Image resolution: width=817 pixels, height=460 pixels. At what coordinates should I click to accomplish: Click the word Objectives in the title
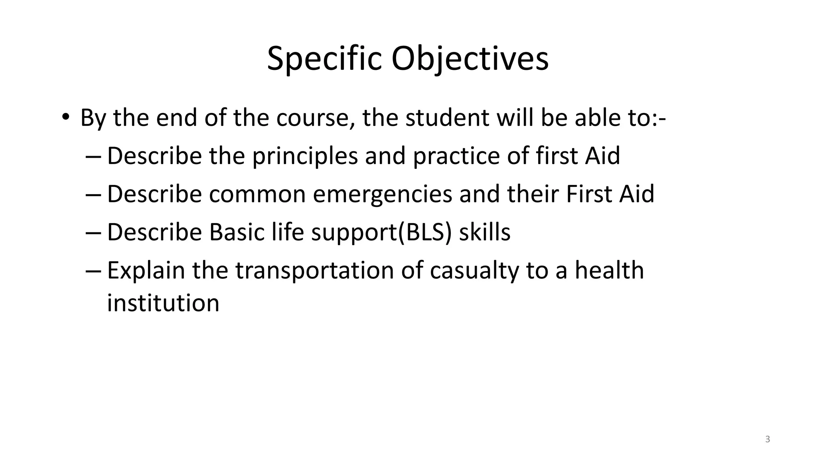pos(470,59)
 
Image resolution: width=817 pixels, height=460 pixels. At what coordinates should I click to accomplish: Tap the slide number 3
pos(768,440)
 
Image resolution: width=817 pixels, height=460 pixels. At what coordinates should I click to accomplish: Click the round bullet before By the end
pos(65,117)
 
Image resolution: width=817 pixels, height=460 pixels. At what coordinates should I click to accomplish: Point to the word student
pos(447,118)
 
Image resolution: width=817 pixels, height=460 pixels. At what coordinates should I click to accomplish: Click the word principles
pos(305,156)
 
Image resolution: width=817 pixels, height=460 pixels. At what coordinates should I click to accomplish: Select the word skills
pos(484,232)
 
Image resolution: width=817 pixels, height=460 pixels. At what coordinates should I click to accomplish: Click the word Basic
pos(237,232)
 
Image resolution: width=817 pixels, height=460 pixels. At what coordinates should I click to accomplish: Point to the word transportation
pos(315,270)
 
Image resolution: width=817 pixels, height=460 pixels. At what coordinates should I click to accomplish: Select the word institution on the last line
pos(163,303)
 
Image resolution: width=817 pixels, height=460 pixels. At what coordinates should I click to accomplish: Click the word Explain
pos(146,270)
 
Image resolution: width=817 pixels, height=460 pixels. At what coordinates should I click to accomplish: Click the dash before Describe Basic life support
pos(95,233)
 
